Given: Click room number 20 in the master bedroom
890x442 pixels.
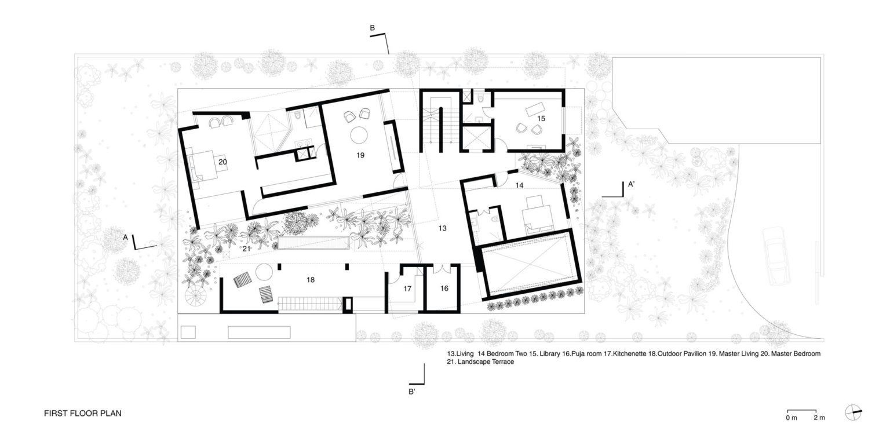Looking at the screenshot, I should click(x=222, y=162).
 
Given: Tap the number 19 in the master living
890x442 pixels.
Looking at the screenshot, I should click(x=360, y=155).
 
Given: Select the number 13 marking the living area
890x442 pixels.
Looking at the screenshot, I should click(x=442, y=228).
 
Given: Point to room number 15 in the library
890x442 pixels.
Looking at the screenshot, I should click(x=541, y=118).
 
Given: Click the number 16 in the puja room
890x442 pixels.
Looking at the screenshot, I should click(x=444, y=288).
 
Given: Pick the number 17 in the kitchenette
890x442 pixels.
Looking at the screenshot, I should click(x=407, y=288).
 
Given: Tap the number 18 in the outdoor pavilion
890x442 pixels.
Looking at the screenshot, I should click(x=311, y=279).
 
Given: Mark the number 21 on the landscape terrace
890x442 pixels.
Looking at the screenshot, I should click(x=246, y=249).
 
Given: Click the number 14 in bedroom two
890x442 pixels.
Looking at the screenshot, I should click(x=519, y=185).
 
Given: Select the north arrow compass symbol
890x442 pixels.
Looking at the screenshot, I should click(x=853, y=413).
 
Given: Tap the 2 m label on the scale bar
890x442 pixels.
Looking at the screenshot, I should click(x=819, y=417).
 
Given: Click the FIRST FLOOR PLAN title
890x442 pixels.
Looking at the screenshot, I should click(x=82, y=414).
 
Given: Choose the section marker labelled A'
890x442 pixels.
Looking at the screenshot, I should click(x=631, y=185).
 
